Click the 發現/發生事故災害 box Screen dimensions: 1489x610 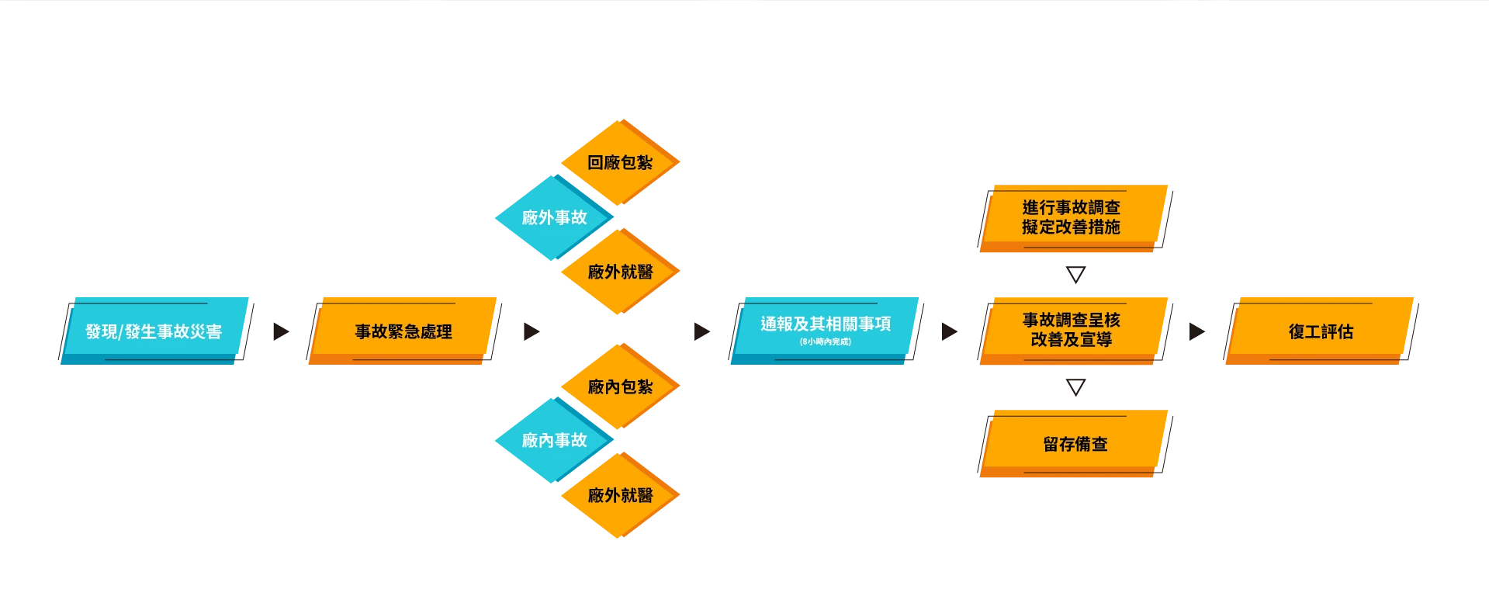click(x=154, y=331)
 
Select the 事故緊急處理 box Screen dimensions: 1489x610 click(x=403, y=331)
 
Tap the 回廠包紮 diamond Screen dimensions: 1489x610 click(x=620, y=162)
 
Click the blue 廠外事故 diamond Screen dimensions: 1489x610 click(x=554, y=217)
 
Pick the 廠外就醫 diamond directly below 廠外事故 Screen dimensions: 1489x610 click(x=620, y=272)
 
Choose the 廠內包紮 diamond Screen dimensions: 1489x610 click(x=620, y=386)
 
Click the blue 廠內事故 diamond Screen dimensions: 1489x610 click(x=554, y=440)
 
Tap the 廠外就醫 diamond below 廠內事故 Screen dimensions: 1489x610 click(x=620, y=495)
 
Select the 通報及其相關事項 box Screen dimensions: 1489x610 click(x=826, y=331)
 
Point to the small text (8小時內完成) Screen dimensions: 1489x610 click(x=826, y=341)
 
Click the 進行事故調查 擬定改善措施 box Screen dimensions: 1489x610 click(x=1075, y=218)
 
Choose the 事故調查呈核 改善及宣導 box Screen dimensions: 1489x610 click(x=1075, y=331)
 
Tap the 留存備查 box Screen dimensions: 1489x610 click(x=1075, y=443)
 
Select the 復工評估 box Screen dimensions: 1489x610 click(x=1321, y=331)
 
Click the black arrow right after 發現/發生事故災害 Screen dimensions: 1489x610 click(x=281, y=331)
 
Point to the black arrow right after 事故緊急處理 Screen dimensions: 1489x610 click(x=532, y=331)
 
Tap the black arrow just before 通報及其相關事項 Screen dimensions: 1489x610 click(x=701, y=331)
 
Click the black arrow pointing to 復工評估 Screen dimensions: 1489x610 click(x=1196, y=331)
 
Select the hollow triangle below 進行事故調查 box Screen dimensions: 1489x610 click(x=1075, y=274)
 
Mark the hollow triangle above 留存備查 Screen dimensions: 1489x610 click(x=1075, y=386)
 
